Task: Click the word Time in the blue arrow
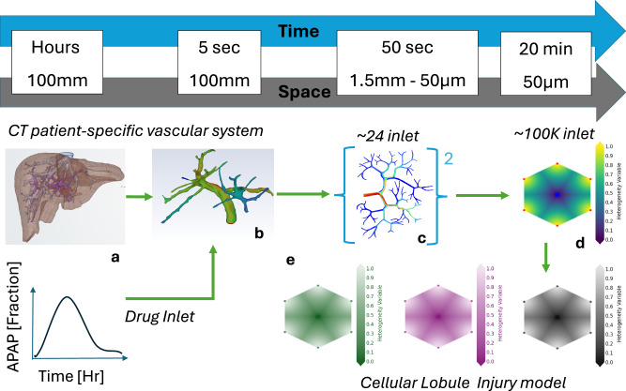[298, 31]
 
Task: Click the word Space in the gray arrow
[298, 94]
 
